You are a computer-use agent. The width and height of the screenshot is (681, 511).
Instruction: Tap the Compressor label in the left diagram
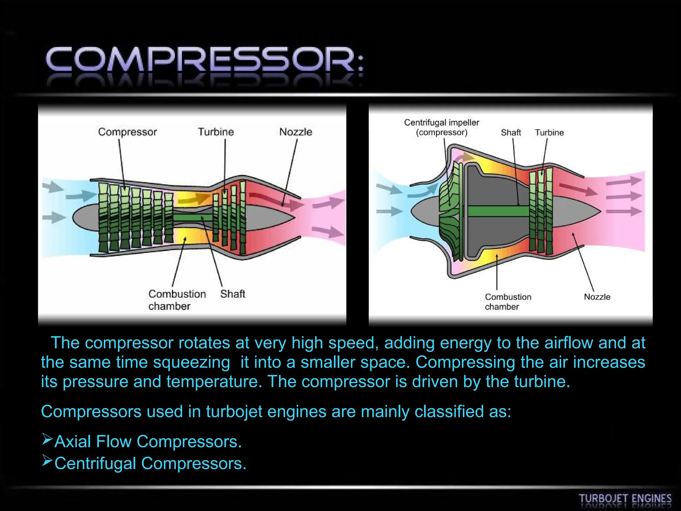coord(127,132)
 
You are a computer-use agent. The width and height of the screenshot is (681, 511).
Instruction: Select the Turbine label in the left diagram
coord(216,132)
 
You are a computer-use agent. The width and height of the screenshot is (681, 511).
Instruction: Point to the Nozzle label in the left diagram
coord(296,132)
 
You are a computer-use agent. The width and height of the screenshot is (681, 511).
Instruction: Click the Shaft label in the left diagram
coord(232,294)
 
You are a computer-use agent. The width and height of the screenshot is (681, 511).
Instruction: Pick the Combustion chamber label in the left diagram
coord(177,300)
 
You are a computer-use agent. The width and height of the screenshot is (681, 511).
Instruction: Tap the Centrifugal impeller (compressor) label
coord(442,127)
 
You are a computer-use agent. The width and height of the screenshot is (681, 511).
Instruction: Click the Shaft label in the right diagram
coord(511,132)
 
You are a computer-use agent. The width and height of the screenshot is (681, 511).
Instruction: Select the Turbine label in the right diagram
coord(549,132)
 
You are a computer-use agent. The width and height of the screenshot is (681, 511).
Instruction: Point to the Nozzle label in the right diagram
coord(597,297)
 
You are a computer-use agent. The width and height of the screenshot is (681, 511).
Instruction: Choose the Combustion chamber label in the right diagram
coord(508,301)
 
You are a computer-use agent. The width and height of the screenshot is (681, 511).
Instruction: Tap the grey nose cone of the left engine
coord(85,217)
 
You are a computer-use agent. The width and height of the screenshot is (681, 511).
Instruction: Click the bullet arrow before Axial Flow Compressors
coord(47,439)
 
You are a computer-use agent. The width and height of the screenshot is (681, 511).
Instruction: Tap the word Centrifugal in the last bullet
coord(95,463)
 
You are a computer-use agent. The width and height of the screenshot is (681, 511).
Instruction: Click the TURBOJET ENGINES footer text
coord(625,499)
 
